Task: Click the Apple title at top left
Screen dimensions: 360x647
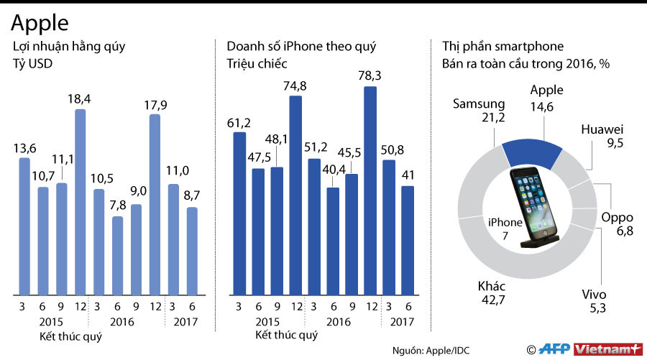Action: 40,23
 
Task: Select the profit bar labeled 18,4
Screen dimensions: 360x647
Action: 81,201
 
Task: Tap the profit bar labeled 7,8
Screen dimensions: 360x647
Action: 117,255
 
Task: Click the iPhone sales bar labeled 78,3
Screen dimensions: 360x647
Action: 370,190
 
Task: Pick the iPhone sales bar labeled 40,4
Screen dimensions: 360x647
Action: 333,241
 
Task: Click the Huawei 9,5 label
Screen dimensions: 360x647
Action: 602,136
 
